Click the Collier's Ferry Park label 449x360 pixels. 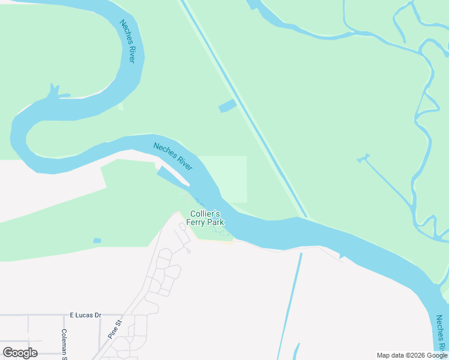pos(205,218)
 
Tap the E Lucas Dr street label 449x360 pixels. pos(86,314)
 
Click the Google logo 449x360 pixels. pos(20,353)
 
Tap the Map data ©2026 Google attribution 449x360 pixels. pos(411,355)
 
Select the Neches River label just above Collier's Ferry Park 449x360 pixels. pos(172,156)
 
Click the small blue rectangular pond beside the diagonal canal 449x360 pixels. pos(227,106)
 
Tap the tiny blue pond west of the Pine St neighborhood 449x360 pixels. pos(97,241)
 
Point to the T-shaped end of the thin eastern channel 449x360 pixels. pos(363,159)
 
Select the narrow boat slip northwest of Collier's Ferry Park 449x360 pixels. pos(173,178)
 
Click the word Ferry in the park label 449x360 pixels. pos(197,223)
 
